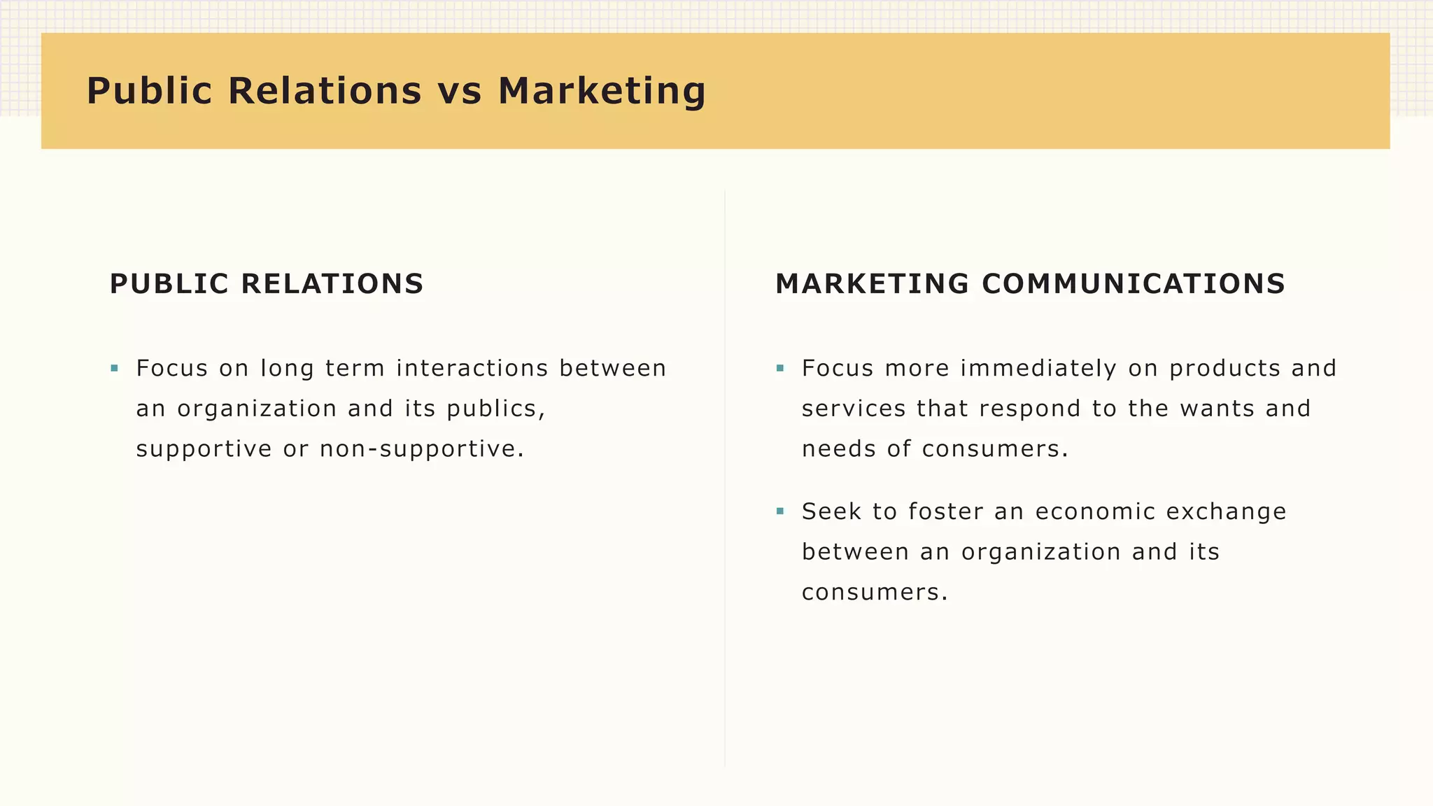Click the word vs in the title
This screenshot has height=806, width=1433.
(460, 91)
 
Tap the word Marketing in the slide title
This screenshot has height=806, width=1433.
(602, 91)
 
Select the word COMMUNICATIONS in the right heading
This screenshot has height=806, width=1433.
(1134, 284)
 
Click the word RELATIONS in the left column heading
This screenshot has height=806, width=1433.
(332, 284)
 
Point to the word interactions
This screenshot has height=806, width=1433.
(472, 368)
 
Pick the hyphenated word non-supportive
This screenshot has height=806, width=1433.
(421, 449)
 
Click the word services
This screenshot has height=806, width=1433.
(854, 409)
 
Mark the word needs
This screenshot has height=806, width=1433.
(838, 449)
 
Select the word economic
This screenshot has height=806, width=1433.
(1095, 511)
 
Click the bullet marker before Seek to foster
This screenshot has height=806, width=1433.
(780, 511)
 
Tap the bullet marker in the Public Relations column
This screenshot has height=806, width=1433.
(114, 368)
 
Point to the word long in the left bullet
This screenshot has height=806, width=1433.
(287, 368)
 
